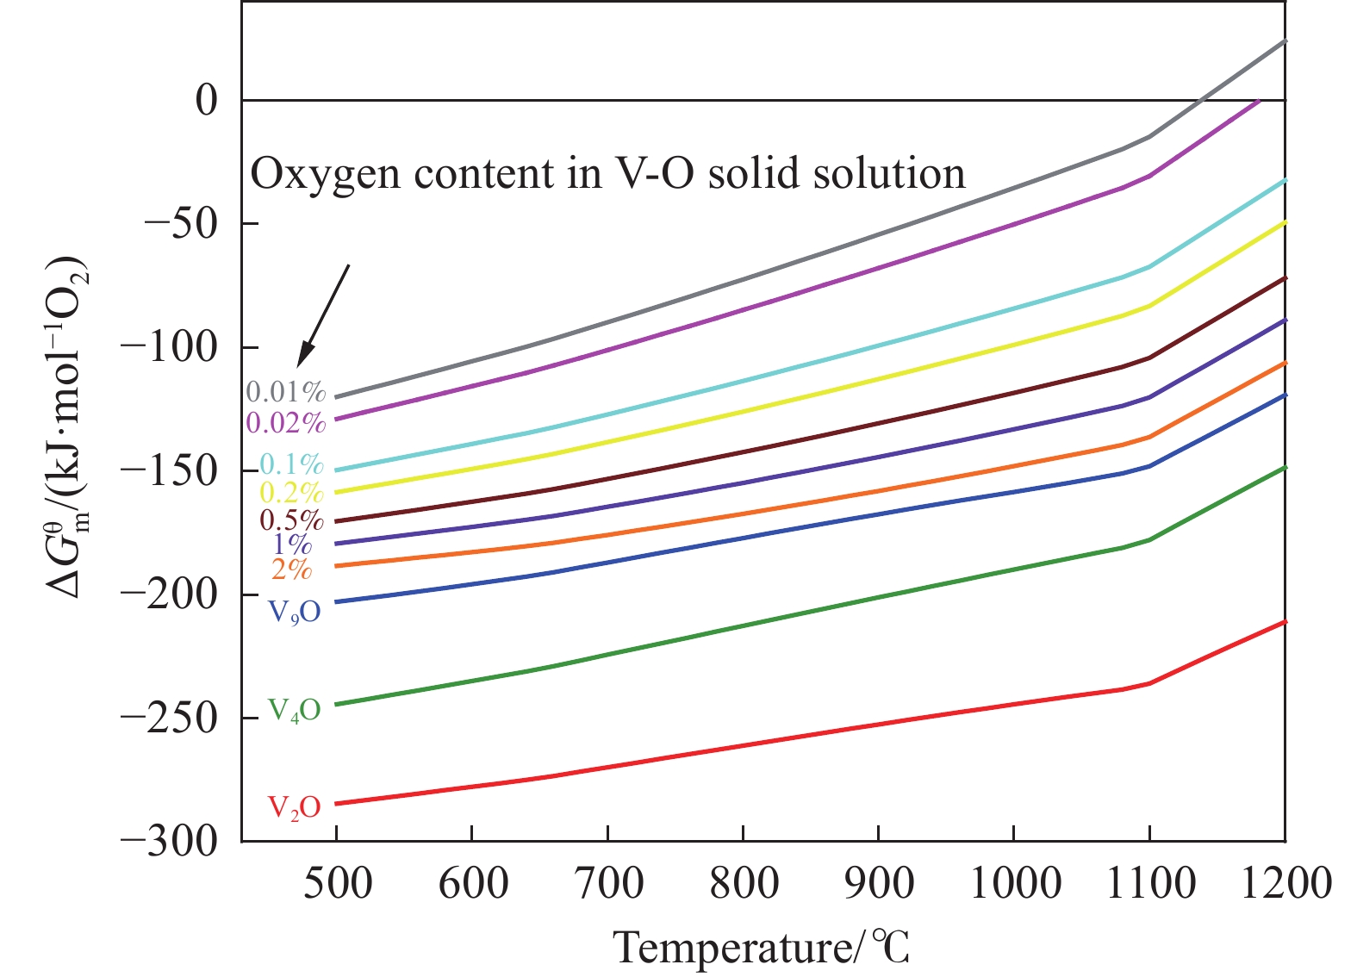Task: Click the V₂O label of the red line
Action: [294, 807]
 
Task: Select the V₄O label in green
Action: [294, 710]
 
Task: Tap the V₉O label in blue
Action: [294, 612]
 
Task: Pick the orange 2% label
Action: [291, 569]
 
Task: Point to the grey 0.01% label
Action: [286, 393]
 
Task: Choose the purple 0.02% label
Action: [286, 422]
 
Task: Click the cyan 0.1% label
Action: [291, 464]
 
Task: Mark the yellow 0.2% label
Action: [291, 492]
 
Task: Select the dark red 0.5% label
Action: [291, 520]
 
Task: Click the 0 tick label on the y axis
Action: [207, 101]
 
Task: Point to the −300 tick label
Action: [170, 841]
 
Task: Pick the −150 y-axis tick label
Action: [170, 470]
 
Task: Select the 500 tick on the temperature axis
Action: [337, 883]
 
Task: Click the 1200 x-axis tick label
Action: [1285, 883]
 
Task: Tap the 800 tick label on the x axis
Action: [744, 883]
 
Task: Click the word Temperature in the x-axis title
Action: [731, 948]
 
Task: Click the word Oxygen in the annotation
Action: [327, 175]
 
